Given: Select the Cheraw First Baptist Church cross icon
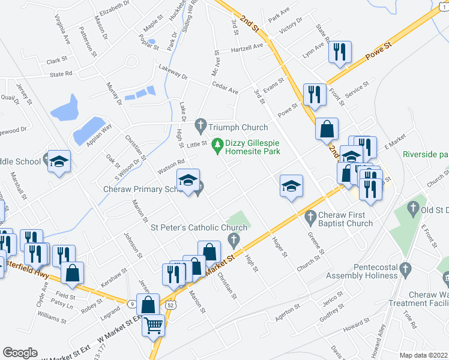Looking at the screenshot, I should (x=310, y=216).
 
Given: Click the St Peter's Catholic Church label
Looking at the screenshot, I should (x=199, y=228).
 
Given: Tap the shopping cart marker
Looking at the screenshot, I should (x=154, y=326).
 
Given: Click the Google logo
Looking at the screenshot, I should (x=20, y=352).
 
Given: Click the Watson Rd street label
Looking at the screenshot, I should (x=170, y=164).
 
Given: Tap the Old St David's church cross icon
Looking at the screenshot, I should (x=412, y=209).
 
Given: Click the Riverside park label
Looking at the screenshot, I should (x=426, y=154).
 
